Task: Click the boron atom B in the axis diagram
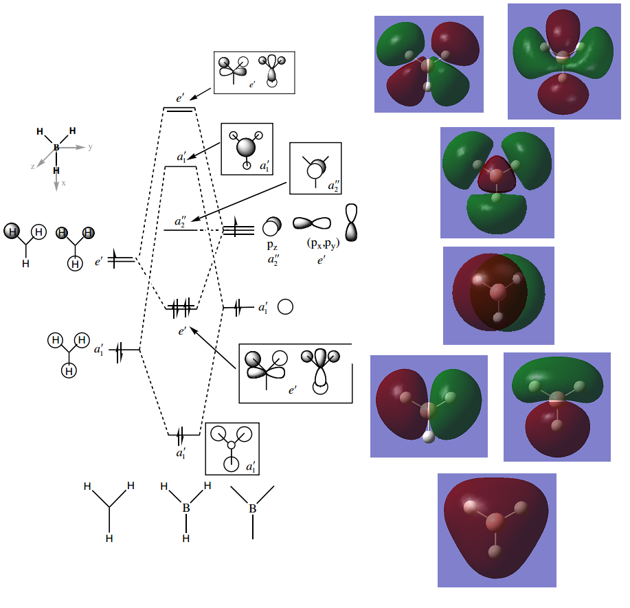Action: pos(56,148)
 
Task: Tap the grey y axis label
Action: pos(90,147)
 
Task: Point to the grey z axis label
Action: pos(32,166)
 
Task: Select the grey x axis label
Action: pos(64,183)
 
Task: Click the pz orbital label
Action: pos(272,246)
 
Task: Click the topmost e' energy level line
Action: pos(179,109)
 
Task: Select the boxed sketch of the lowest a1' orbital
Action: pos(232,448)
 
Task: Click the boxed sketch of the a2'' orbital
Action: pos(315,168)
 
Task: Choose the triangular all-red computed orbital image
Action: pos(497,530)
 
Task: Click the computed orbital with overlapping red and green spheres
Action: pos(499,295)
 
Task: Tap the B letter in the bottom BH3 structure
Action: pos(186,509)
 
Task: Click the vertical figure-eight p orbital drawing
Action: pos(352,223)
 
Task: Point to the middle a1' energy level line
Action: pos(181,167)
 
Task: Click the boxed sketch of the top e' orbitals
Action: pos(254,72)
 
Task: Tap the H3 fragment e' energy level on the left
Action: pos(122,260)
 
